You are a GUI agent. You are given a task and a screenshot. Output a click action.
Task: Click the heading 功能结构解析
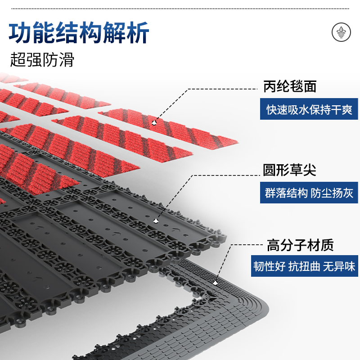point(79,34)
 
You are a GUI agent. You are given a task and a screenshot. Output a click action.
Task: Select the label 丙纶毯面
point(290,87)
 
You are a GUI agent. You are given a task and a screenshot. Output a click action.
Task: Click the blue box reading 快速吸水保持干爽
point(309,110)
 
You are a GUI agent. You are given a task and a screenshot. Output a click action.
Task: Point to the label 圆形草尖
point(290,170)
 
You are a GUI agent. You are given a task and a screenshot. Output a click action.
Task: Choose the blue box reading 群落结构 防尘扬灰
point(309,193)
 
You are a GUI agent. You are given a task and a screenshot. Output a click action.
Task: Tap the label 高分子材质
point(300,245)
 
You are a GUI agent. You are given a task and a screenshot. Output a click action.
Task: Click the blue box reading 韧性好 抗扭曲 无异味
point(304,267)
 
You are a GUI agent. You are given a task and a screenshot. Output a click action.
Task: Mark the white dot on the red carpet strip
point(154,121)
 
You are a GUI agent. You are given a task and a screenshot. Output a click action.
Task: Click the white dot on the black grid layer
point(156,220)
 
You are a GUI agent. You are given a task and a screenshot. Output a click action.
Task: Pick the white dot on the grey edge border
point(216,283)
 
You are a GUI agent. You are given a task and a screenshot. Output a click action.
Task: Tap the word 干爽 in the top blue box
point(342,110)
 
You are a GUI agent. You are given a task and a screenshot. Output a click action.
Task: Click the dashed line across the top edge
point(180,9)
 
